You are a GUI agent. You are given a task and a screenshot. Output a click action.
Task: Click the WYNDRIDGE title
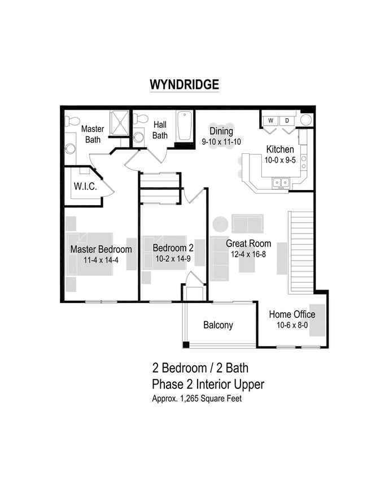[x=184, y=84]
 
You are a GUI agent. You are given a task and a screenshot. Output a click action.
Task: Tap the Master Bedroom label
[x=101, y=249]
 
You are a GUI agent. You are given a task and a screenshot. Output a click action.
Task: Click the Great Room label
[x=248, y=244]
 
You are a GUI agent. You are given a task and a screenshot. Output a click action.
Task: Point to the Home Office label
[x=292, y=314]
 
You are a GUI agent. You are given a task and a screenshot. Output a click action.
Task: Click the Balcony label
[x=218, y=325]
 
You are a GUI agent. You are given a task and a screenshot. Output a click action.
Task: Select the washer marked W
[x=271, y=120]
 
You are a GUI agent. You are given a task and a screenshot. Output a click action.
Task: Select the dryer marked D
[x=287, y=120]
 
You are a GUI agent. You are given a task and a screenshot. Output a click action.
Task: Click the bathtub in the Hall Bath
[x=185, y=127]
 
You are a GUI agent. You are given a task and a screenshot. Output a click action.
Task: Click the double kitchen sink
[x=281, y=182]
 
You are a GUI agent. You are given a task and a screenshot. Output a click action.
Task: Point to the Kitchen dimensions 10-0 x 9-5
[x=280, y=160]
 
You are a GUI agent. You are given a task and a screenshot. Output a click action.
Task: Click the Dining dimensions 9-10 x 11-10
[x=221, y=142]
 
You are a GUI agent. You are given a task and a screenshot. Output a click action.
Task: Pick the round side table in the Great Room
[x=220, y=223]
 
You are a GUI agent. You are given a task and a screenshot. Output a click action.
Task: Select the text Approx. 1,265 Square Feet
[x=200, y=398]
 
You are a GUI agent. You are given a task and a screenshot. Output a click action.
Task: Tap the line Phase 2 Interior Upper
[x=208, y=384]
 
